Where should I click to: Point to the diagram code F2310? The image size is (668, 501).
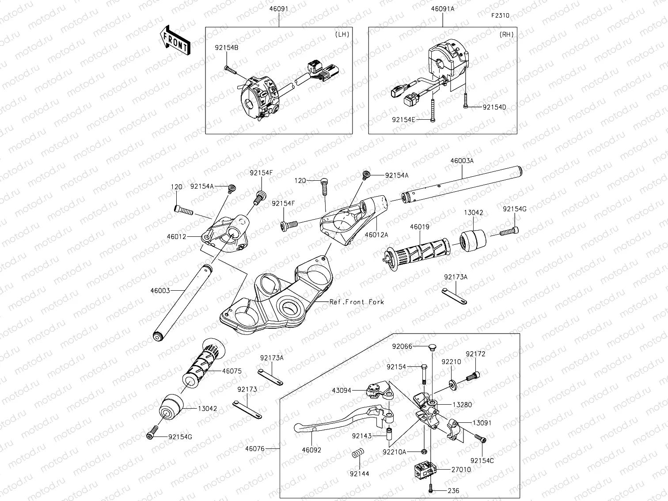(x=500, y=15)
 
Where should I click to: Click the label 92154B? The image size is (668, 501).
(x=227, y=48)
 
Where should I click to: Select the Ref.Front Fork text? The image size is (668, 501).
(x=357, y=302)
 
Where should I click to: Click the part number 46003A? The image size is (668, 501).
(x=462, y=161)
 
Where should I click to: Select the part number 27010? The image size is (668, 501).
(x=461, y=470)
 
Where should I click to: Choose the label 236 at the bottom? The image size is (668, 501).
(x=453, y=491)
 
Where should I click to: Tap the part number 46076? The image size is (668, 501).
(x=254, y=449)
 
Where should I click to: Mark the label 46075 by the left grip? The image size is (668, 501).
(x=232, y=371)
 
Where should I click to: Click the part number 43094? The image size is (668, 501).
(x=342, y=390)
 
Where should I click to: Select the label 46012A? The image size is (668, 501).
(x=376, y=235)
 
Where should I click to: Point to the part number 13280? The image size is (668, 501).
(x=462, y=404)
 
